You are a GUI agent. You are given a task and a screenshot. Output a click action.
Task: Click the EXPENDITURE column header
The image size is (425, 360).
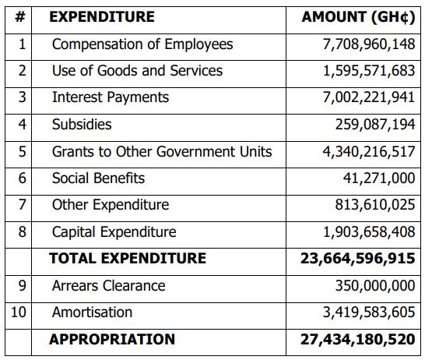[x=102, y=17]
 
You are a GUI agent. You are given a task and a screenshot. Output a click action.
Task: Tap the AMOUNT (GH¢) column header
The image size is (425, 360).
[x=358, y=17]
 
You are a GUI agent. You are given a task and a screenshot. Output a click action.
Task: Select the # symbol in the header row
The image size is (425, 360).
[x=20, y=17]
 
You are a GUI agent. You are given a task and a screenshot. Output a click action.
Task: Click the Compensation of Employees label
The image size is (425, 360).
[x=142, y=44]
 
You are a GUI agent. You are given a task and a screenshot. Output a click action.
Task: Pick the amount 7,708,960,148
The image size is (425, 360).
[x=369, y=44]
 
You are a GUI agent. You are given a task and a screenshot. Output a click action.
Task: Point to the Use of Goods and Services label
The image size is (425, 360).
[x=137, y=71]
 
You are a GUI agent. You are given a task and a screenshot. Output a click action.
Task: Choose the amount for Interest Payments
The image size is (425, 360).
[x=369, y=97]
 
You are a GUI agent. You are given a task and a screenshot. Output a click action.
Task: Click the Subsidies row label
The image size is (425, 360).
[x=82, y=125]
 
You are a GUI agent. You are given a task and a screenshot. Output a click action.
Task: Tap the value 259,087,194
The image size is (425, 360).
[x=375, y=125]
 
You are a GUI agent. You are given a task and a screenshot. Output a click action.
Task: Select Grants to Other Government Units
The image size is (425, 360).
[x=162, y=151]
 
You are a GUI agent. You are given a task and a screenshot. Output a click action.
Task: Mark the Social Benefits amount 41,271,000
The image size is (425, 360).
[x=379, y=178]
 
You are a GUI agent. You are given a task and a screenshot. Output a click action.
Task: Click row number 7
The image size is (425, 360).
[x=23, y=205]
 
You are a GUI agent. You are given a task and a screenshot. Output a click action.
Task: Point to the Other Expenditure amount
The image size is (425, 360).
[x=375, y=205]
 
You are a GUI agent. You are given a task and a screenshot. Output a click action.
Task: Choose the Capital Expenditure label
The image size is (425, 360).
[x=114, y=232]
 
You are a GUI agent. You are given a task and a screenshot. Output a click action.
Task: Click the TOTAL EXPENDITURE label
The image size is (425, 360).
[x=128, y=258]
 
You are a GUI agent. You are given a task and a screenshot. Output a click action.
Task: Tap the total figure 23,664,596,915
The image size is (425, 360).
[x=358, y=258]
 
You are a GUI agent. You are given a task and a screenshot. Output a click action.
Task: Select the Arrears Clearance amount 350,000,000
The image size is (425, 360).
[x=375, y=286]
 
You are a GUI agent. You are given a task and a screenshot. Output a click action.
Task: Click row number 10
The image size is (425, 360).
[x=19, y=312]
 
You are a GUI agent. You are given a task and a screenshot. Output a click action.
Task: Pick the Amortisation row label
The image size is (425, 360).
[x=92, y=312]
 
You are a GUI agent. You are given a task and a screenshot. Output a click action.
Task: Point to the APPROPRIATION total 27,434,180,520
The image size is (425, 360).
[x=358, y=339]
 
